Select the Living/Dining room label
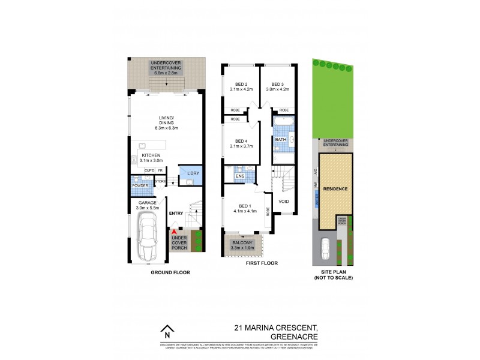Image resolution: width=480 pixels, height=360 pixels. [x=166, y=122]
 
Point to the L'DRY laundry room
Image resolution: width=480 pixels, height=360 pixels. [x=193, y=174]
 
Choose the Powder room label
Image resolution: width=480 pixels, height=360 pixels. [x=140, y=185]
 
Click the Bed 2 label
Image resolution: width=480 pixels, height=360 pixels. [x=242, y=86]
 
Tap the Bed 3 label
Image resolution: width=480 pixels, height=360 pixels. [x=280, y=86]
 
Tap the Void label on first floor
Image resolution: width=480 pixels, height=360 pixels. [x=284, y=201]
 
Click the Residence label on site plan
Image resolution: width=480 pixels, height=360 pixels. [x=335, y=189]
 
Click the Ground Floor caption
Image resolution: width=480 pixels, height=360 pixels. [x=170, y=272]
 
